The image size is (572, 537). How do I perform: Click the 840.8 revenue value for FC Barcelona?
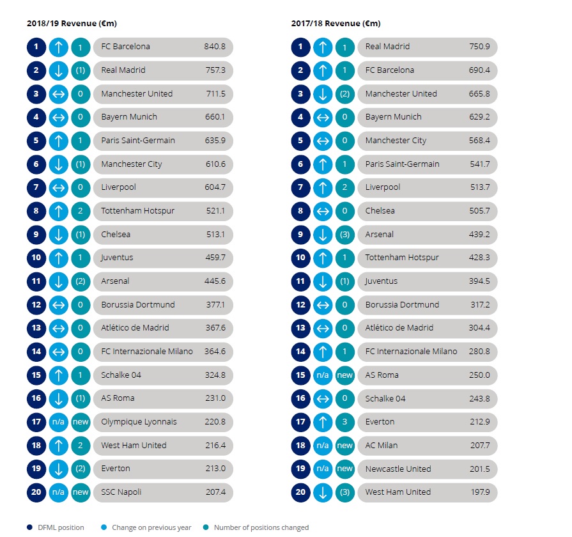[215, 47]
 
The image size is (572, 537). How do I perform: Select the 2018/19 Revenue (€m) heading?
[72, 24]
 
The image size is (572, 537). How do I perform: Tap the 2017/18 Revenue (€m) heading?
[336, 24]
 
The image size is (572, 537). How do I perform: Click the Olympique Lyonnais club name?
[139, 422]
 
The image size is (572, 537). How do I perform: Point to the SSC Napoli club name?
[121, 492]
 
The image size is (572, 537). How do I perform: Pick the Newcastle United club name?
[398, 469]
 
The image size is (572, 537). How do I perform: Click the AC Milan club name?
[381, 446]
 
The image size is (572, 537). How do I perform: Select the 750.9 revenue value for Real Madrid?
[479, 47]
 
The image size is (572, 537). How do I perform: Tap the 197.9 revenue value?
[480, 492]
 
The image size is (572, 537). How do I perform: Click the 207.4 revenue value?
[215, 492]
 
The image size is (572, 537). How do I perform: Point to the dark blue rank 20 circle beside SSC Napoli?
[36, 492]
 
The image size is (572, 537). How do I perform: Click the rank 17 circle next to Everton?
[300, 422]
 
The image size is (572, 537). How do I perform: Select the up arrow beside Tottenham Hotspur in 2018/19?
[58, 211]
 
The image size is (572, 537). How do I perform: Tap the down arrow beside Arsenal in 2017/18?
[323, 235]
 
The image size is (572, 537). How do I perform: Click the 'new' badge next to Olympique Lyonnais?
[81, 422]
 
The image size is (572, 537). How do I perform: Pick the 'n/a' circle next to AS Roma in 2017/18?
[323, 375]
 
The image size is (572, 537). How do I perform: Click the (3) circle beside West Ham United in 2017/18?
[344, 492]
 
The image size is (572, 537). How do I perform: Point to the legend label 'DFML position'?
[61, 527]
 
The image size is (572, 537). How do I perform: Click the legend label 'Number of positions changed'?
[261, 527]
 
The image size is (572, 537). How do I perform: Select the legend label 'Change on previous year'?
[151, 527]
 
